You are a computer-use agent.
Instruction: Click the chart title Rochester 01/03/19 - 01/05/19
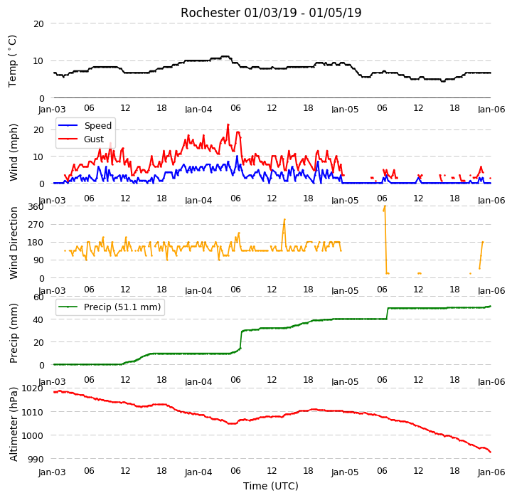(x=271, y=13)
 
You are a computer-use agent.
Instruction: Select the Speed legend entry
(x=85, y=125)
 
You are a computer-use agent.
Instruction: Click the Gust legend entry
(x=81, y=139)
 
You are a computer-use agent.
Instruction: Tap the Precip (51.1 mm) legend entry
(x=110, y=307)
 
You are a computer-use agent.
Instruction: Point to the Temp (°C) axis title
(x=12, y=61)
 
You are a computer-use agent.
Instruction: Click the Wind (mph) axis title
(x=13, y=152)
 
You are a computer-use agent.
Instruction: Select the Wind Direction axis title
(x=14, y=243)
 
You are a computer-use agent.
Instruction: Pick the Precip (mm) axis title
(x=14, y=334)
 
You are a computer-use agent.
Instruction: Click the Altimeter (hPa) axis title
(x=14, y=424)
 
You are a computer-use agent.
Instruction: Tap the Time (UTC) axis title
(x=271, y=486)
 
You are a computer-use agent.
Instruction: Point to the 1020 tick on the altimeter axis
(x=32, y=388)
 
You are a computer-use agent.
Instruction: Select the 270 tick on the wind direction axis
(x=36, y=225)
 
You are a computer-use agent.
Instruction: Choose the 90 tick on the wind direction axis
(x=38, y=260)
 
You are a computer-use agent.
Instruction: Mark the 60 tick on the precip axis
(x=38, y=297)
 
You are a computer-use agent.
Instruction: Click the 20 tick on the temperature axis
(x=38, y=24)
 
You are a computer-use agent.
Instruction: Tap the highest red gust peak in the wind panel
(x=228, y=124)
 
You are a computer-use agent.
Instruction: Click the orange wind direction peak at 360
(x=385, y=206)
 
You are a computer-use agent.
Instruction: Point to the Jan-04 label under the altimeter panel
(x=198, y=472)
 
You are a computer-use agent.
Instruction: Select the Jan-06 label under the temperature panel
(x=491, y=109)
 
